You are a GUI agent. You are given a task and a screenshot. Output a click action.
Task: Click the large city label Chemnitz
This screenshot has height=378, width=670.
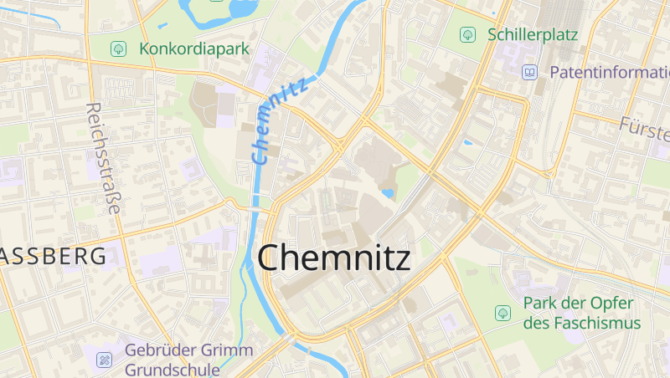pos(334,258)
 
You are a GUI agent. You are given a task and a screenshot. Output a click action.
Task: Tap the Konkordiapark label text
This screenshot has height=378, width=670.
pos(194,49)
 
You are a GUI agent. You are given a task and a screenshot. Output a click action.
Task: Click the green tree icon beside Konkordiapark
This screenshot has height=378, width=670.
pos(119,49)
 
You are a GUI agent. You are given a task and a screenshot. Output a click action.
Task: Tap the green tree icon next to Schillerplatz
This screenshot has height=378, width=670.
pos(466,35)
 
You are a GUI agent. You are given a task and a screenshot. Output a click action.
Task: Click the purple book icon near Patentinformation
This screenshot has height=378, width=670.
pos(529,72)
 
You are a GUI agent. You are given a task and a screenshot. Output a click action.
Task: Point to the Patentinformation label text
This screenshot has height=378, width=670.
pos(608,72)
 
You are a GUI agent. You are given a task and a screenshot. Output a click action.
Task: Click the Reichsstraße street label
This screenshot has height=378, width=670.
pos(105,159)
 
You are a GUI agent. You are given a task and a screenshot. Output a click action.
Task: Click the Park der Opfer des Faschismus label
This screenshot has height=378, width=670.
pos(581,313)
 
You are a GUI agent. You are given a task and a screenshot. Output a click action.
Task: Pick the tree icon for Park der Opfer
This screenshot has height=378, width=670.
pos(502,313)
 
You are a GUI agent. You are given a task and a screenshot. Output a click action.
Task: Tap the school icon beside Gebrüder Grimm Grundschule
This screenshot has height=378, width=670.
pos(104,360)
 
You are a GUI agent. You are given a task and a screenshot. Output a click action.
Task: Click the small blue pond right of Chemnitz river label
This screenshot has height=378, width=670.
pos(387,194)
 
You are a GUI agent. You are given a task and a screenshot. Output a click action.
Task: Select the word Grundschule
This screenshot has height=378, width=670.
pos(173,369)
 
